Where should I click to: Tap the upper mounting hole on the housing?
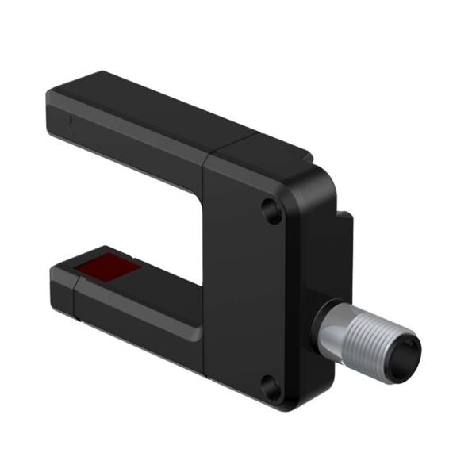271,210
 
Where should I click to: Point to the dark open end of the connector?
409,346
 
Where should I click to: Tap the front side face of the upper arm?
135,139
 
